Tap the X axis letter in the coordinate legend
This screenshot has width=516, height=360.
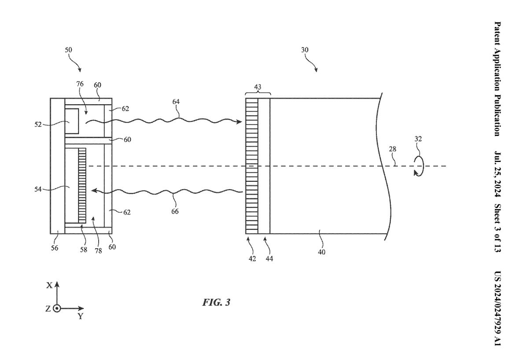pos(49,286)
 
